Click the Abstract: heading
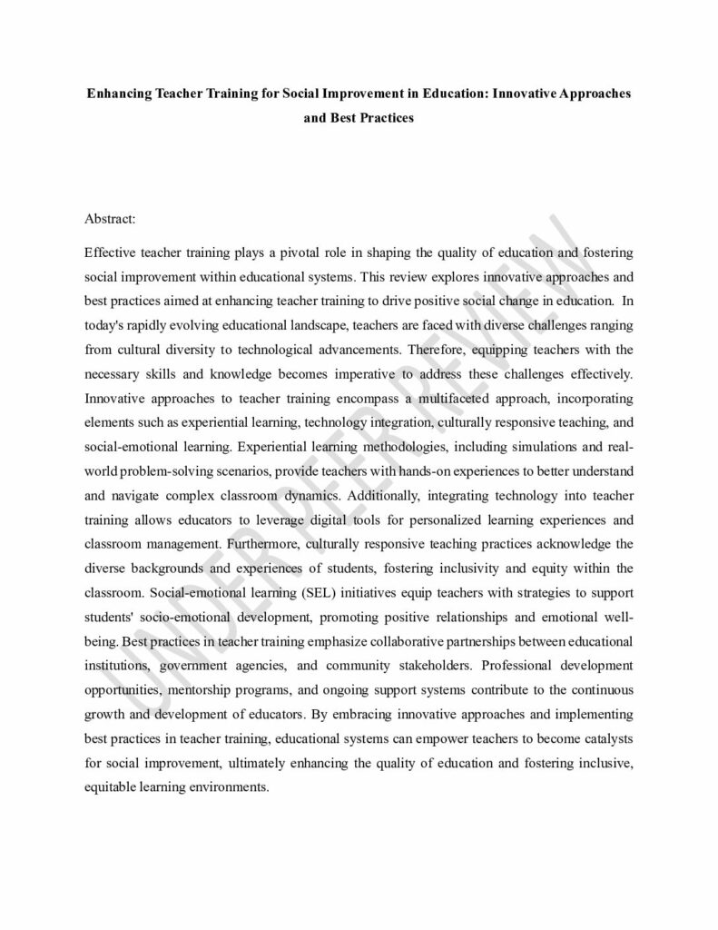point(110,219)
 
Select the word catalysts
point(607,741)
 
